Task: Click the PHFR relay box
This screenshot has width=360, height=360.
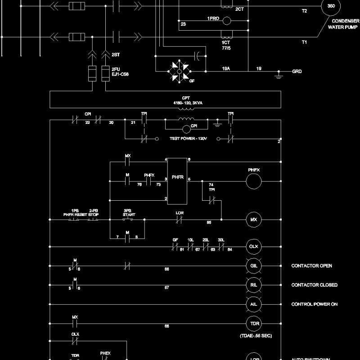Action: click(x=177, y=178)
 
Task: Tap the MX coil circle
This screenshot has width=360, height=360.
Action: click(x=253, y=220)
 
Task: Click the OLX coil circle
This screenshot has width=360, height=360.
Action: click(x=253, y=247)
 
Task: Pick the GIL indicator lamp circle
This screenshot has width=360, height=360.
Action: click(x=253, y=266)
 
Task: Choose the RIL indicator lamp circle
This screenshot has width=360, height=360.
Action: click(x=253, y=285)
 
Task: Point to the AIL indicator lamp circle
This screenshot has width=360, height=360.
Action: click(x=253, y=304)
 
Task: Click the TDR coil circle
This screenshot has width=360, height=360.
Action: click(x=253, y=324)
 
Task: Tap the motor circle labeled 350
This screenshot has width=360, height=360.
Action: click(x=331, y=7)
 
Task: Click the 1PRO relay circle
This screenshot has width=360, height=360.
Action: click(x=227, y=20)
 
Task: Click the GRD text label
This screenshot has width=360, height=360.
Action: click(x=297, y=72)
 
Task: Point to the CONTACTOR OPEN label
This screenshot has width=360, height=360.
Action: click(x=312, y=266)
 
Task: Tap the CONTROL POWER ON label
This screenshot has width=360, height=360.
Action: click(x=315, y=304)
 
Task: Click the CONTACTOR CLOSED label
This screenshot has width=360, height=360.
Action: click(x=315, y=285)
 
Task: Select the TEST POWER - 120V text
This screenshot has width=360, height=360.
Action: click(x=188, y=138)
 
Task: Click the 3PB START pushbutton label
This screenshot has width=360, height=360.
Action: click(x=129, y=212)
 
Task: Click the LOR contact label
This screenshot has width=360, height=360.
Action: click(x=179, y=212)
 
